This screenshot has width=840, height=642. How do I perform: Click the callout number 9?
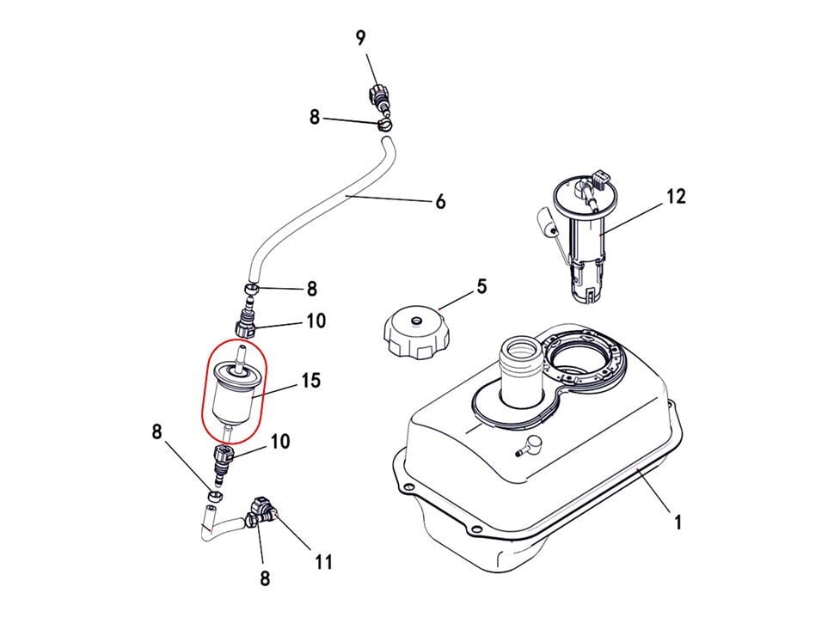pyautogui.click(x=360, y=38)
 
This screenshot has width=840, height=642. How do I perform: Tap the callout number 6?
pyautogui.click(x=440, y=202)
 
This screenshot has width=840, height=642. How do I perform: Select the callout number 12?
pyautogui.click(x=676, y=196)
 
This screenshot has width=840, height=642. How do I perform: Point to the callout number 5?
pyautogui.click(x=481, y=286)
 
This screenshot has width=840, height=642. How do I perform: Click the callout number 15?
pyautogui.click(x=311, y=381)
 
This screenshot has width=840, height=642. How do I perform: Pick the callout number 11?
pyautogui.click(x=323, y=562)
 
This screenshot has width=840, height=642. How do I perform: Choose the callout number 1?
pyautogui.click(x=678, y=522)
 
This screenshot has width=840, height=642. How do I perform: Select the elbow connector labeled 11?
pyautogui.click(x=262, y=513)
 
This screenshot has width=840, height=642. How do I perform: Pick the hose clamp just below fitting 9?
pyautogui.click(x=384, y=125)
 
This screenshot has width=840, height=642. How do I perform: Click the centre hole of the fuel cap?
pyautogui.click(x=416, y=321)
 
